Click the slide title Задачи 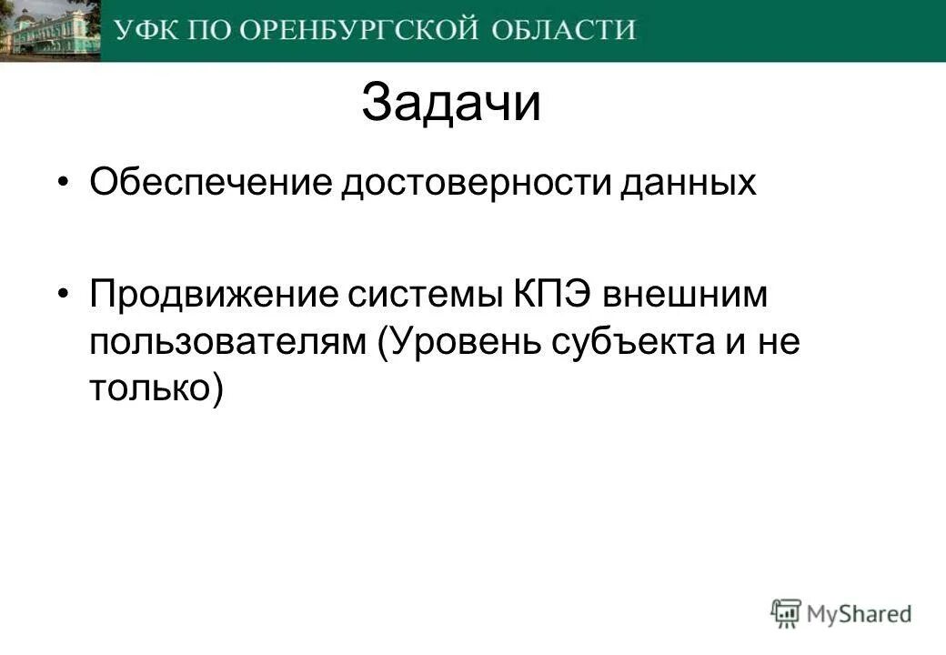click(450, 104)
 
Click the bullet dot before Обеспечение click(62, 182)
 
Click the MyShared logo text click(859, 614)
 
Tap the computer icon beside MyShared click(786, 613)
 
